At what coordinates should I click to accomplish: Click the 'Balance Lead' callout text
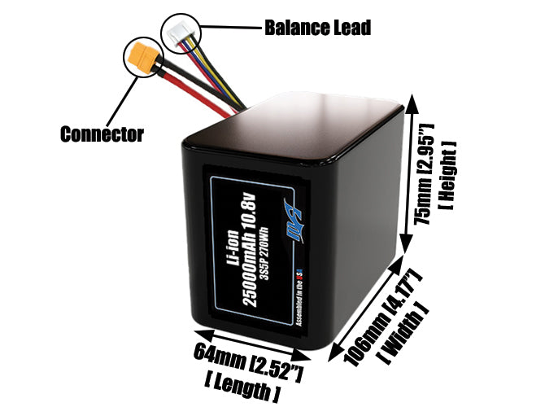[316, 28]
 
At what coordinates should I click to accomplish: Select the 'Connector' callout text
[102, 134]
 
